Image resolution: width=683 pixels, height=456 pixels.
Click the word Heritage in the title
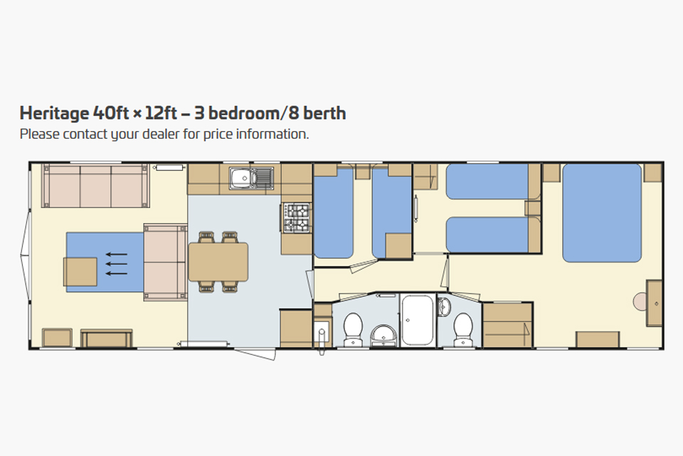(54, 113)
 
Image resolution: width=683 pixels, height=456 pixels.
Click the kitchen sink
(251, 178)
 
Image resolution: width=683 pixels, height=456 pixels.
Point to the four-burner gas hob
(297, 217)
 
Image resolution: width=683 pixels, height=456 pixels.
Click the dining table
(218, 261)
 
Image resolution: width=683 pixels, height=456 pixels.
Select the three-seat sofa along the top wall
(95, 185)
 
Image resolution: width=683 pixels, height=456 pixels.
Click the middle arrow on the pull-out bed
(117, 264)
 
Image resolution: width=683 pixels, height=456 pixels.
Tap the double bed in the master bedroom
(602, 213)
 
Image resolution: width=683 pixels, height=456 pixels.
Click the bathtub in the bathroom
(418, 320)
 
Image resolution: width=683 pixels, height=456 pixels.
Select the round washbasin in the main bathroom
(383, 335)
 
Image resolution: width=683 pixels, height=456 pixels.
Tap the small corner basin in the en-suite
(444, 306)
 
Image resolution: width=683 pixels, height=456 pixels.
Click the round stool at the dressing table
(640, 301)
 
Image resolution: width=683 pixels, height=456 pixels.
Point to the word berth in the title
(324, 113)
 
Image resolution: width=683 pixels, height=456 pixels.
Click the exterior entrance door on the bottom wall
(255, 353)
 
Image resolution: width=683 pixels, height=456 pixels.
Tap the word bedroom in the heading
(243, 113)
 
